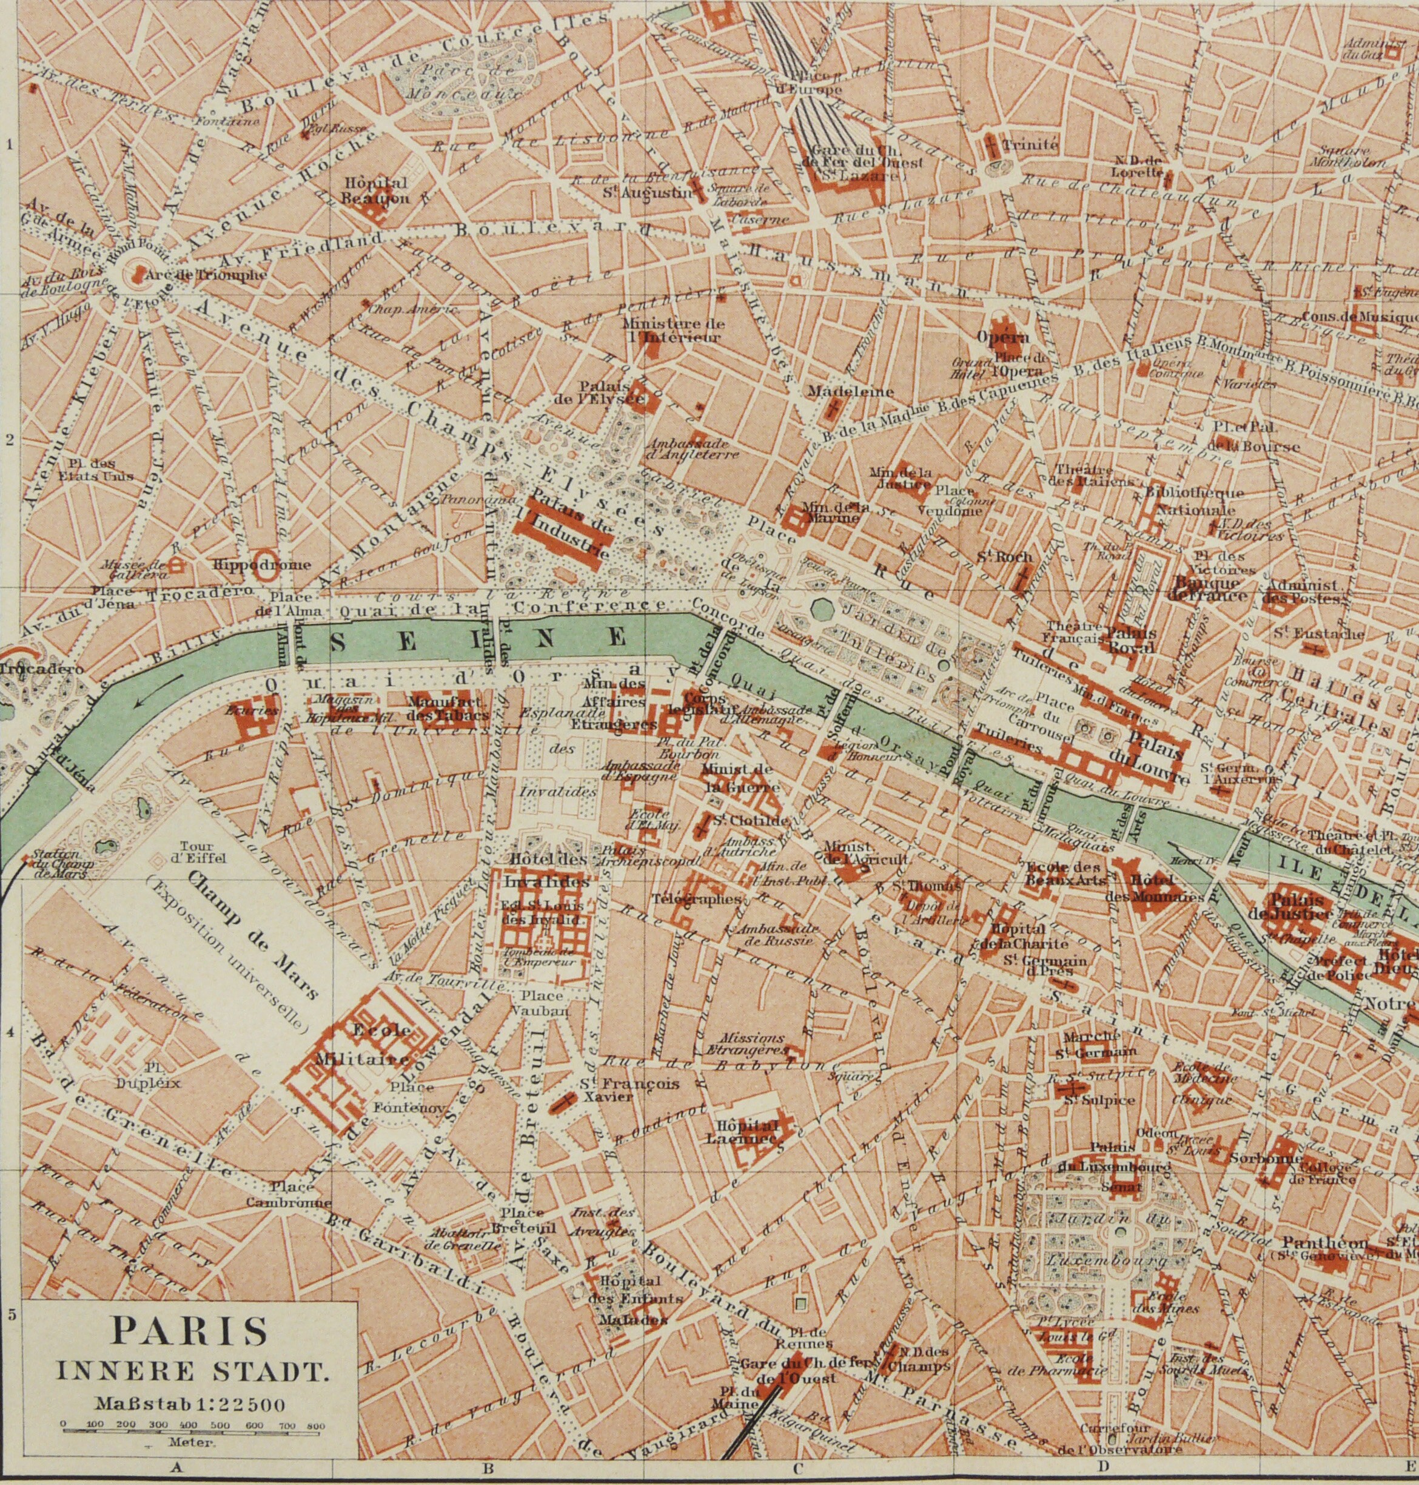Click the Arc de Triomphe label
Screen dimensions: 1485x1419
(x=205, y=275)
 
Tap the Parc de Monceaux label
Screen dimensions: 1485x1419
(x=454, y=83)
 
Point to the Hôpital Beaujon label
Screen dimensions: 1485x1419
(x=376, y=190)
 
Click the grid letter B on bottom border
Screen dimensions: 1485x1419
(x=488, y=1469)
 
